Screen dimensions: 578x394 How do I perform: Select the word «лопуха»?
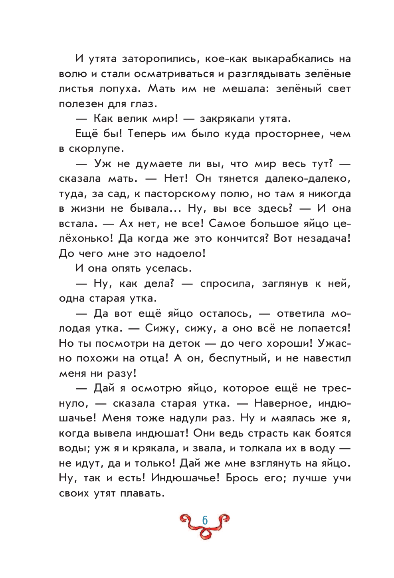pos(123,89)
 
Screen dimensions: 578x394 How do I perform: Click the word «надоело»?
pos(180,254)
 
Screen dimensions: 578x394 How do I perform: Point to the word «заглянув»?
pos(285,284)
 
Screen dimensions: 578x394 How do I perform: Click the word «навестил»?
pos(327,358)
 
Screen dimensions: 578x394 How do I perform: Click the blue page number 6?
pos(205,520)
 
